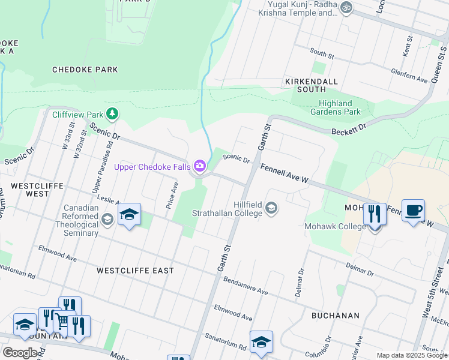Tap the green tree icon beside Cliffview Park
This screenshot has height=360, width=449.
111,113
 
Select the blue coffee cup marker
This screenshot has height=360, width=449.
413,211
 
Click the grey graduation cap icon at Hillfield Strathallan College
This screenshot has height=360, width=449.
271,208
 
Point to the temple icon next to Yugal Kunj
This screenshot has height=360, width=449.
345,8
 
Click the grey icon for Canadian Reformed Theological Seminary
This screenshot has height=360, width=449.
107,219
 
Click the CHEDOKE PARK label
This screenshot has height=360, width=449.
85,70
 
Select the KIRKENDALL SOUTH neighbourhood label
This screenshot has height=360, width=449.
312,85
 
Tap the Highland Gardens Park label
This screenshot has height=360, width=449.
336,107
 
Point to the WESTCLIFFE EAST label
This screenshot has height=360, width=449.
135,271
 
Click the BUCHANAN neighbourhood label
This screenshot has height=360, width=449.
335,315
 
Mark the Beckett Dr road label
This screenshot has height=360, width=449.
348,129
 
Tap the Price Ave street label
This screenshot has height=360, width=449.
172,196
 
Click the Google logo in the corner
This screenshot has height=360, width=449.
20,353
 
